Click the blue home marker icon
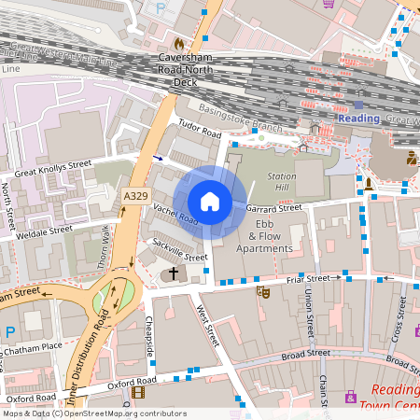coord(210,202)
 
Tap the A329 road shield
coord(135,195)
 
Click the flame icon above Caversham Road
coord(178,44)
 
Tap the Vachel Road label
coord(175,215)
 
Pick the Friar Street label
coord(311,277)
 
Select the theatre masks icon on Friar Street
coord(264,292)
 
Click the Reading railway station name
coord(358,119)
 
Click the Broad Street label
coord(306,354)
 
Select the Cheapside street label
coord(149,337)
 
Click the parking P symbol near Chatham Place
coord(10,332)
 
